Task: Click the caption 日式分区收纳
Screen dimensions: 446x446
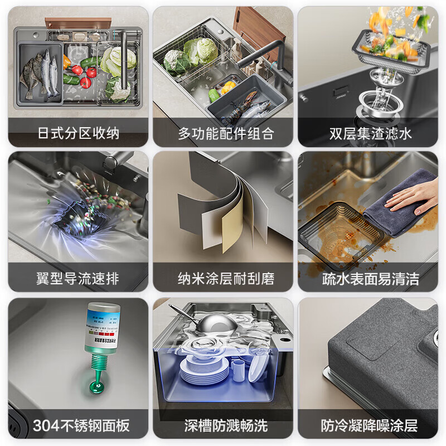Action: (78, 134)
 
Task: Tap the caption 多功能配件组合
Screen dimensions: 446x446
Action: (223, 134)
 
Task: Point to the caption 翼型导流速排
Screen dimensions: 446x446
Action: (78, 279)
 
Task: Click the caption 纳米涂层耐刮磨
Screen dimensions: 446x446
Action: (223, 279)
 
